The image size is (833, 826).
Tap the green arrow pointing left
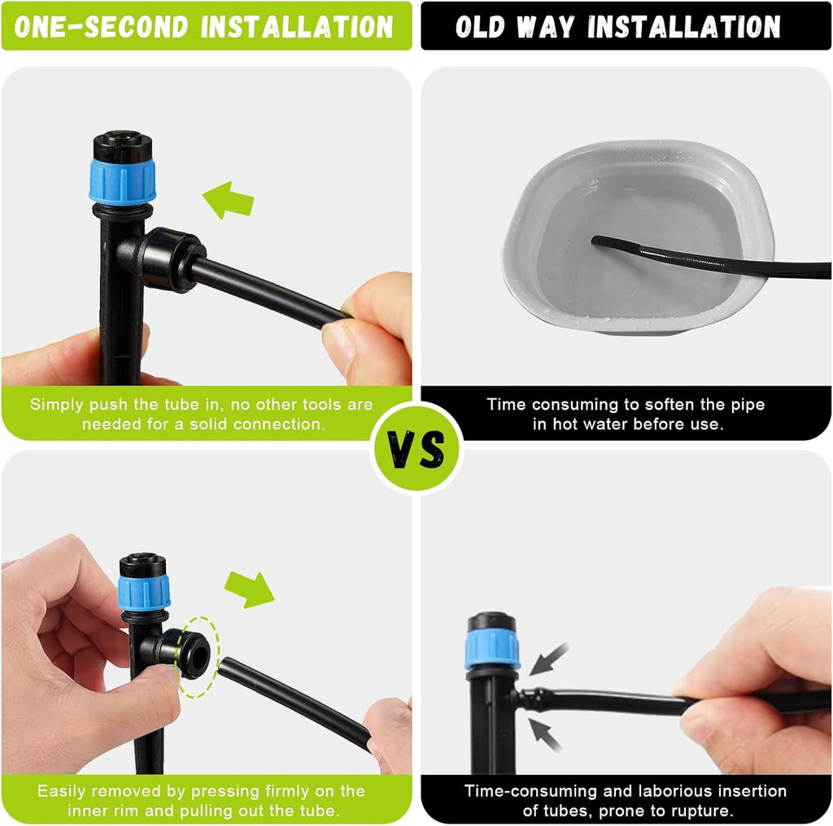[229, 200]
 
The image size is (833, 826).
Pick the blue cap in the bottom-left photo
[144, 592]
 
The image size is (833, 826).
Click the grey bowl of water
[638, 237]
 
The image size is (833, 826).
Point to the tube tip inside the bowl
[595, 240]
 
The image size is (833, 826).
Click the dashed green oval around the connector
[198, 657]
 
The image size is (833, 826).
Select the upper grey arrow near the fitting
[549, 659]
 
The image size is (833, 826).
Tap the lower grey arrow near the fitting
[545, 734]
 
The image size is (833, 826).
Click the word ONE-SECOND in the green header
[102, 27]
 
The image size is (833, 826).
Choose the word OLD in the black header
[480, 27]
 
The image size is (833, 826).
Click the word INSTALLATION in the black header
[684, 27]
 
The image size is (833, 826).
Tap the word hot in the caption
[565, 424]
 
